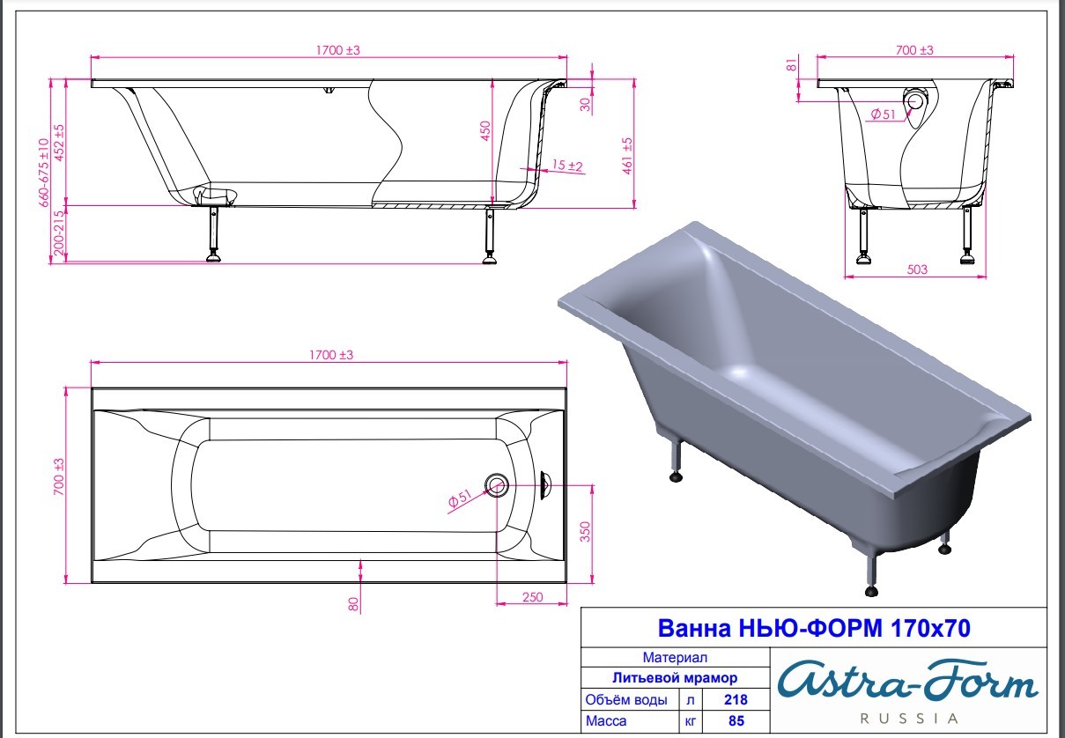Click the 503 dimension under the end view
pyautogui.click(x=917, y=269)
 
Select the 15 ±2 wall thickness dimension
pyautogui.click(x=567, y=166)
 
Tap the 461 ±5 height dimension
pyautogui.click(x=627, y=155)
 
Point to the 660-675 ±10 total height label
pyautogui.click(x=44, y=173)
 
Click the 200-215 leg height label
pyautogui.click(x=58, y=232)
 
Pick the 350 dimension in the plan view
pyautogui.click(x=585, y=531)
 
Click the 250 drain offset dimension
pyautogui.click(x=532, y=597)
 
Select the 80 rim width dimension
pyautogui.click(x=353, y=604)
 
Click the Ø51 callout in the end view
pyautogui.click(x=883, y=114)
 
